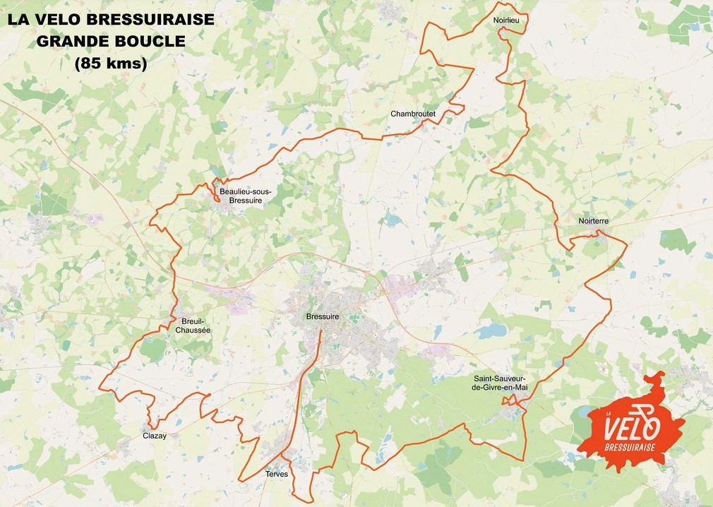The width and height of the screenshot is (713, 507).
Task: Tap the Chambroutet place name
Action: click(413, 114)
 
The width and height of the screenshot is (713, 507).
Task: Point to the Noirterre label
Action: click(593, 221)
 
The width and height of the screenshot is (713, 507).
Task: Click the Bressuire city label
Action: click(323, 317)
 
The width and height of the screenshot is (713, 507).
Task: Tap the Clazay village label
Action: click(155, 436)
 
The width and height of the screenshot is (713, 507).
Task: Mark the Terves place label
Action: click(277, 475)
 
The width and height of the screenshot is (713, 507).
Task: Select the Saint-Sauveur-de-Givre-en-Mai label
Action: click(500, 383)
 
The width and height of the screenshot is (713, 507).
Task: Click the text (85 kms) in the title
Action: click(110, 64)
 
